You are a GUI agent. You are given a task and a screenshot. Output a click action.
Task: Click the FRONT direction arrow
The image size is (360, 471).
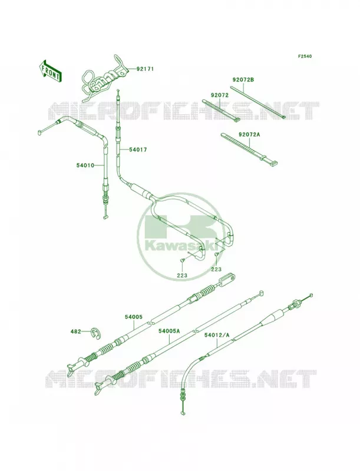[50, 71]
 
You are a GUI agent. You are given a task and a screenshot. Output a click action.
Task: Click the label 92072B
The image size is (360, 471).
[243, 80]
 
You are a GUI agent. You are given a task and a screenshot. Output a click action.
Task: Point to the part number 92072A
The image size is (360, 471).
[249, 134]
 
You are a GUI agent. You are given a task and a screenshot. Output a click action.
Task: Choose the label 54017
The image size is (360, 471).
[138, 150]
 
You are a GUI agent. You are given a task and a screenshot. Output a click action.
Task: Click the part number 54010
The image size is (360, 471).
[85, 165]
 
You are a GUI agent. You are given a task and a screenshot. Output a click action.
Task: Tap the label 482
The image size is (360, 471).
[76, 331]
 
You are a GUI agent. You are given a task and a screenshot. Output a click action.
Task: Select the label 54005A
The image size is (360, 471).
[169, 331]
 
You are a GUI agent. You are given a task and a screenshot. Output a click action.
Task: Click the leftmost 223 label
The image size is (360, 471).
[182, 275]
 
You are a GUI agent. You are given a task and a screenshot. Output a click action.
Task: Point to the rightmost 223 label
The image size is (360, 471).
[216, 269]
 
